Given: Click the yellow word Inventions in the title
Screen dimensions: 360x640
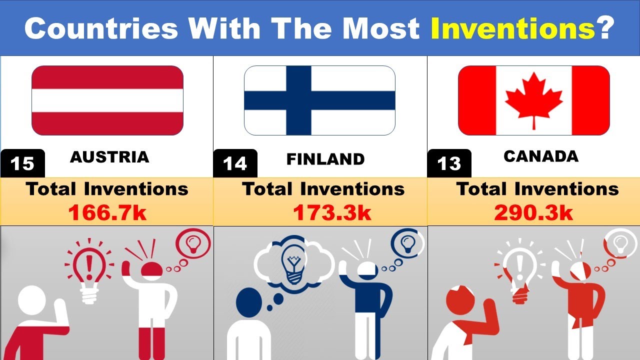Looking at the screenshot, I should coord(510,29).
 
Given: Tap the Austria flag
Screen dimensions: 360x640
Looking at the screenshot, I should coord(107,100).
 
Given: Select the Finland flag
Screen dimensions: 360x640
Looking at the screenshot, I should coord(319,100).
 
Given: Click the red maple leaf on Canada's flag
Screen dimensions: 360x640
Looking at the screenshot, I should coord(533,99).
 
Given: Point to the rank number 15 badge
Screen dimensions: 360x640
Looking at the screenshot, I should coord(23,163).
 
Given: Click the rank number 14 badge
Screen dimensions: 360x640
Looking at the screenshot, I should coord(235,163).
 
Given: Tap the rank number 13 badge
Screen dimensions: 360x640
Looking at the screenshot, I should coord(449,163).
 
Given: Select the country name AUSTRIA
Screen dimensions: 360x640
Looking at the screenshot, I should coord(109,157).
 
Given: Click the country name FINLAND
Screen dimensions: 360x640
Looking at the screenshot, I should coord(325,159).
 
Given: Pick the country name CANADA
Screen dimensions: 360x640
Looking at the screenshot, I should coord(541,156).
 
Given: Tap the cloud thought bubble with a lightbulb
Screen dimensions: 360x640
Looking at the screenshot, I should coord(294,262).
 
